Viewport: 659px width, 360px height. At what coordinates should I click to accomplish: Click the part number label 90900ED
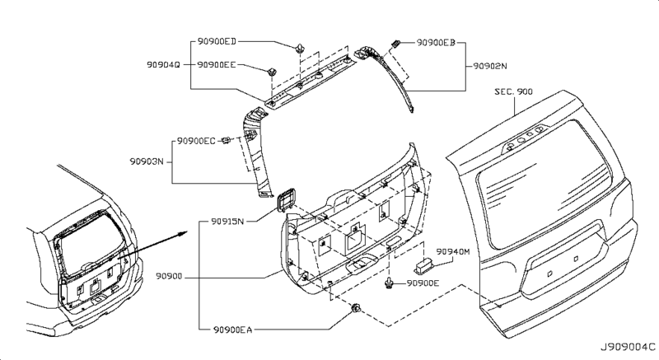[x=217, y=41]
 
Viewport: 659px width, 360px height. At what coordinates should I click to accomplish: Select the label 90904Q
[x=163, y=65]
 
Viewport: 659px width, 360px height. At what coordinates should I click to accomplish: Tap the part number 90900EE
[x=217, y=65]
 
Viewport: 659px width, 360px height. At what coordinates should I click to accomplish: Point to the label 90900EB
[x=436, y=43]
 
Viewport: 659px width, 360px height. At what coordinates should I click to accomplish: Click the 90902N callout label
[x=490, y=66]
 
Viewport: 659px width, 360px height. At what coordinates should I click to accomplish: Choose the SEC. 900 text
[x=513, y=91]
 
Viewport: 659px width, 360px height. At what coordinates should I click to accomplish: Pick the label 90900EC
[x=196, y=141]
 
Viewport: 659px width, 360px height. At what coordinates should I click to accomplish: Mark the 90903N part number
[x=147, y=161]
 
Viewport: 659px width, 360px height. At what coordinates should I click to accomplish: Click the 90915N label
[x=227, y=222]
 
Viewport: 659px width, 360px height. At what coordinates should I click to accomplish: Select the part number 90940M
[x=452, y=251]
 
